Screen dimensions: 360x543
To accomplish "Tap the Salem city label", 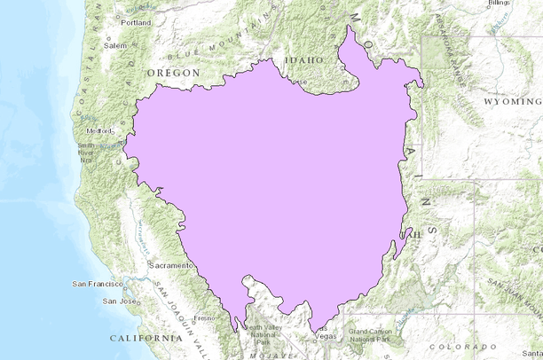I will [x=115, y=45].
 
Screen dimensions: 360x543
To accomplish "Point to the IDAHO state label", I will [x=299, y=60].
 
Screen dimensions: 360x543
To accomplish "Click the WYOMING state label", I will [x=509, y=102].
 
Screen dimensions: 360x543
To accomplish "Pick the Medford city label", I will [x=100, y=129].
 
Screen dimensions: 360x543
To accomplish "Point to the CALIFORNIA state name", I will [x=146, y=339].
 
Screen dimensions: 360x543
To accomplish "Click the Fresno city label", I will [x=205, y=317].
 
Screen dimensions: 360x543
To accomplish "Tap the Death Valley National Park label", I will [x=264, y=333].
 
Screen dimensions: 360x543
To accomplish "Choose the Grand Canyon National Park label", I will [x=371, y=335].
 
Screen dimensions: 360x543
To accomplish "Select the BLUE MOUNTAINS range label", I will [x=216, y=38].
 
